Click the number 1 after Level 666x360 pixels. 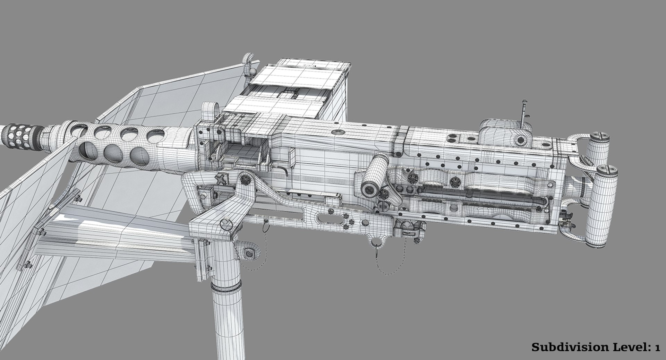tap(657, 348)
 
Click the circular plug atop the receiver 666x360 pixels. tap(338, 132)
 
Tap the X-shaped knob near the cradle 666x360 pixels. tap(220, 180)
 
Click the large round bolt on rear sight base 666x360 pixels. tap(520, 140)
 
